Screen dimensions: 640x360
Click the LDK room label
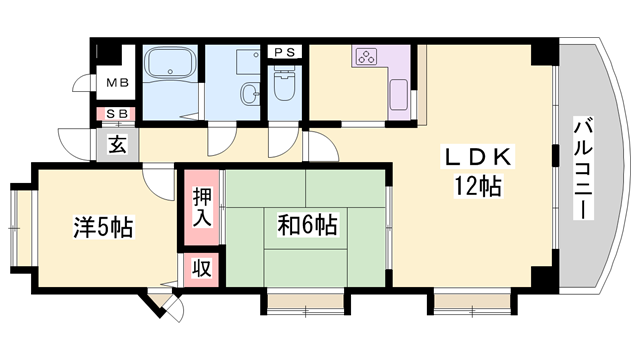point(478,157)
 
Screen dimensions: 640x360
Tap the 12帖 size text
point(478,186)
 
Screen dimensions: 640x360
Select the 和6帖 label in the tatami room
point(307,225)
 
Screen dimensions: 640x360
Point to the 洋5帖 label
point(103,227)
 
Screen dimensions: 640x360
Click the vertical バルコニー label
point(583,168)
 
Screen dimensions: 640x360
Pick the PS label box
point(284,52)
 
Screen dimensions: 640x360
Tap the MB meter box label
point(117,83)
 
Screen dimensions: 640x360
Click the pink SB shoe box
point(116,114)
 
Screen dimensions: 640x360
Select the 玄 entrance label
point(118,144)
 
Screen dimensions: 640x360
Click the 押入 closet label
point(202,207)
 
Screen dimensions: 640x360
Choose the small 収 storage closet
point(202,269)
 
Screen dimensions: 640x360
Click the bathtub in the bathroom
point(170,62)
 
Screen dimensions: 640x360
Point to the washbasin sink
point(249,94)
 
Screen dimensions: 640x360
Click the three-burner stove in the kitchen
point(367,56)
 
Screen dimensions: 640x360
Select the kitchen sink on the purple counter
point(399,95)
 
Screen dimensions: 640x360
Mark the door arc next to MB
point(84,83)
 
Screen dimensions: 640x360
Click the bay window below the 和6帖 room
point(305,302)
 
